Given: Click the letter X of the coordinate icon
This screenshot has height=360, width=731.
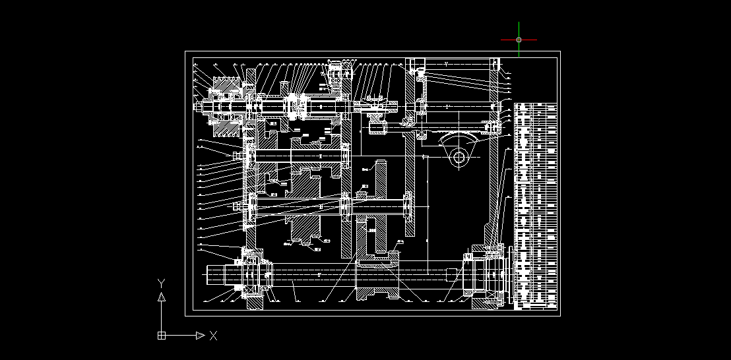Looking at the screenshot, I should pos(213,336).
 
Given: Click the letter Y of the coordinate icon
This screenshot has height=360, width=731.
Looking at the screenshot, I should pos(161,283).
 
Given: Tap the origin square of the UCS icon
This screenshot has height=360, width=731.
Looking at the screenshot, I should pos(161,336).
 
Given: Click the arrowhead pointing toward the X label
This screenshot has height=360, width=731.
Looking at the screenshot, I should pos(201,336).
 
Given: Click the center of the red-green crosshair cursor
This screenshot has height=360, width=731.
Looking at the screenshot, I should pos(519,40).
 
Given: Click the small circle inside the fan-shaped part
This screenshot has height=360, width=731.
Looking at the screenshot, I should pos(460,157).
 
